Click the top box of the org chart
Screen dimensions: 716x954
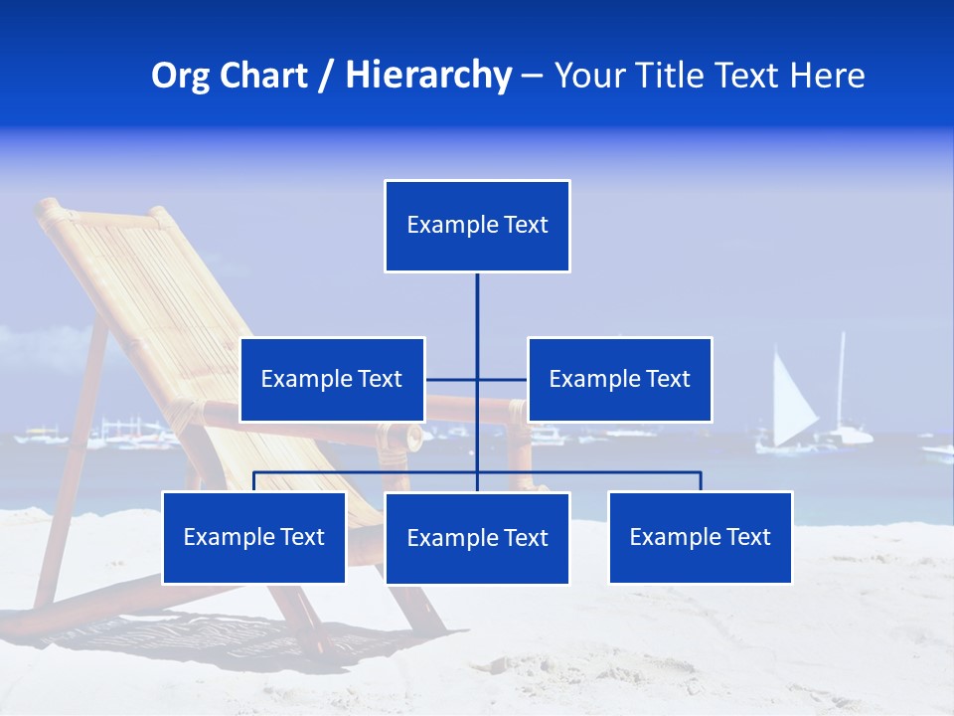[477, 226]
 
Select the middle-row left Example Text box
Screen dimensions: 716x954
[332, 379]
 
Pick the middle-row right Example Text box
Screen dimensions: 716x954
[619, 379]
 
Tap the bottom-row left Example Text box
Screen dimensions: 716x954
[253, 537]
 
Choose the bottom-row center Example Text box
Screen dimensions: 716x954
[477, 538]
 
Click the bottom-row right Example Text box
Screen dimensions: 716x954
[701, 537]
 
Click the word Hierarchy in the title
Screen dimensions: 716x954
[428, 76]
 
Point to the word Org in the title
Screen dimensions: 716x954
[180, 76]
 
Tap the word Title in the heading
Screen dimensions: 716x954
[675, 76]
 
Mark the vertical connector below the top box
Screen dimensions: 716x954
[477, 318]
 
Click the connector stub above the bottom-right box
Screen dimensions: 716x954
[701, 481]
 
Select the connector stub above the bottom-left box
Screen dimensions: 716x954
[254, 481]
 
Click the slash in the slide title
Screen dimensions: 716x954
[326, 76]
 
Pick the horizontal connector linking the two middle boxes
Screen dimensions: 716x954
[502, 379]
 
